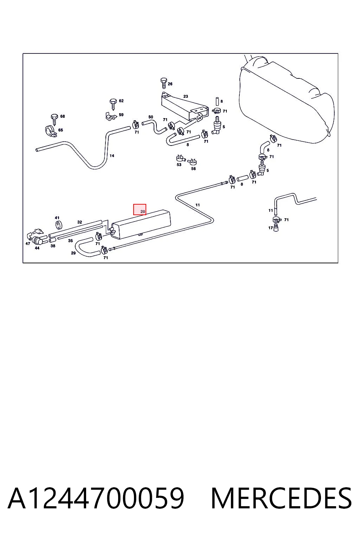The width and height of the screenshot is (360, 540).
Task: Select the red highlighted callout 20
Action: tap(140, 209)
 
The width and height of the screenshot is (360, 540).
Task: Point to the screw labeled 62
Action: tap(113, 104)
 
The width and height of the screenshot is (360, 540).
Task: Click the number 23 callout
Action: tap(185, 96)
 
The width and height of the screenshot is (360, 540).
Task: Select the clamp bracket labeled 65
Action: tap(51, 131)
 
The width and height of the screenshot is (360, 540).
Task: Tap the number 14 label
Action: tap(112, 156)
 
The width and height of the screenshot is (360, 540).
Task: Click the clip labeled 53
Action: tap(180, 159)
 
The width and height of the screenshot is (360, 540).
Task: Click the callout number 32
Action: tap(79, 222)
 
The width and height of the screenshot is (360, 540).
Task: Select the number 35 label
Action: tap(70, 240)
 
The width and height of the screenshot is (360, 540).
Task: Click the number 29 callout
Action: tap(73, 253)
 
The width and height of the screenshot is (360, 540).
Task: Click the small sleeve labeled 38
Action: tap(53, 240)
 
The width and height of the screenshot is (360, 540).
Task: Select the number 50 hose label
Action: tap(151, 117)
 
